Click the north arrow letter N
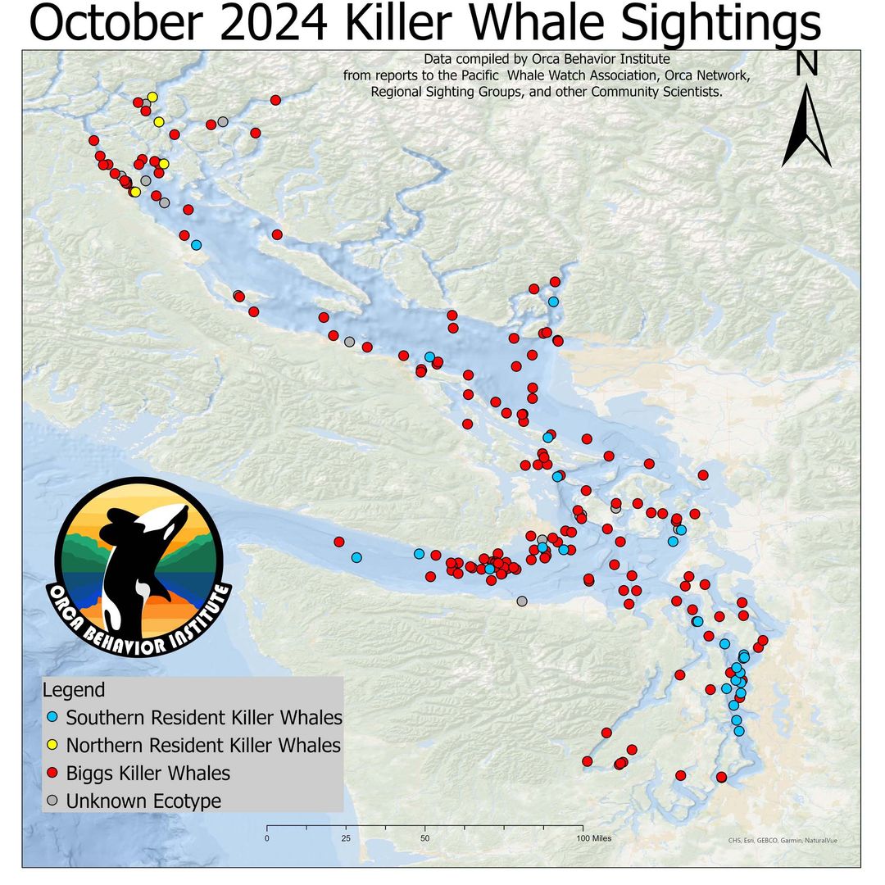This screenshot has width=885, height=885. tap(807, 64)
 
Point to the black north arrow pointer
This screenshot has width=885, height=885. tap(807, 131)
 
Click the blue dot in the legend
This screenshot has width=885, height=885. tap(52, 718)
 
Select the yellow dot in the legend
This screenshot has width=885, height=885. tap(52, 746)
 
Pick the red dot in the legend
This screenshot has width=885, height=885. tap(52, 774)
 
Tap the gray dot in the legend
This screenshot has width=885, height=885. tap(52, 801)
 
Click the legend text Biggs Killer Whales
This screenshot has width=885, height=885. tap(148, 774)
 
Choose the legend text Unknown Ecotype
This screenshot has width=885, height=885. tap(144, 801)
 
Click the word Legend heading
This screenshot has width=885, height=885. tap(74, 689)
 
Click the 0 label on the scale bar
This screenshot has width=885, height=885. tap(267, 838)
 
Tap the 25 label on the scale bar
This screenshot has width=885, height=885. tap(346, 838)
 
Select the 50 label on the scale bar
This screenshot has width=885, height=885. tap(425, 838)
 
